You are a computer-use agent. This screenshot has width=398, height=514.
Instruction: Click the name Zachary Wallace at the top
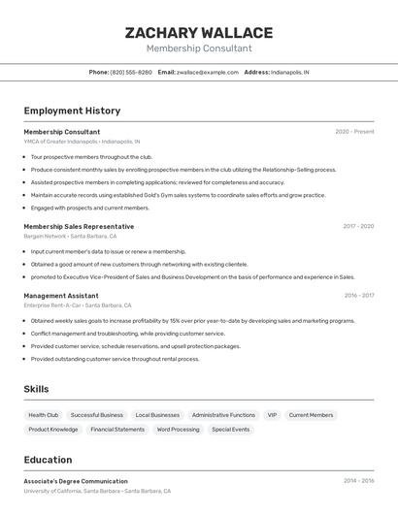pyautogui.click(x=199, y=33)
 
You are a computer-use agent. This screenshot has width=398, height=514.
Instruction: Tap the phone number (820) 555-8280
pyautogui.click(x=131, y=72)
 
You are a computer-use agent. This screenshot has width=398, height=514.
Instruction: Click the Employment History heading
pyautogui.click(x=72, y=112)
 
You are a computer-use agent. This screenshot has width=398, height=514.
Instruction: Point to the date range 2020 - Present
pyautogui.click(x=354, y=132)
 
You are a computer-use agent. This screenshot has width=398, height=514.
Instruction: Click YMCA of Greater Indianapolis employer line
pyautogui.click(x=82, y=142)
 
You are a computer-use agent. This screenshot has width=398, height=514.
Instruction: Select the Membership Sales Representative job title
pyautogui.click(x=79, y=226)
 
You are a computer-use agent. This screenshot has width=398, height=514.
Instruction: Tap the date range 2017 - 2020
pyautogui.click(x=358, y=226)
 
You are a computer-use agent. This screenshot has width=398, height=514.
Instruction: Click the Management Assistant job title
pyautogui.click(x=61, y=295)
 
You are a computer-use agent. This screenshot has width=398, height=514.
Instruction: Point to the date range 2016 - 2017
pyautogui.click(x=359, y=295)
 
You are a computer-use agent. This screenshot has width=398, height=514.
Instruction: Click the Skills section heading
pyautogui.click(x=37, y=389)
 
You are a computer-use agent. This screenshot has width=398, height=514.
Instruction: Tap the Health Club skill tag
pyautogui.click(x=44, y=415)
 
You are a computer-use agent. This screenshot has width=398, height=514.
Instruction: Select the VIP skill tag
pyautogui.click(x=272, y=415)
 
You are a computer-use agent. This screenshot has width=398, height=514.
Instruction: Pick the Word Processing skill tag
pyautogui.click(x=178, y=429)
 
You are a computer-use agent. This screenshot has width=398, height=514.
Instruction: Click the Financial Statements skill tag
pyautogui.click(x=117, y=429)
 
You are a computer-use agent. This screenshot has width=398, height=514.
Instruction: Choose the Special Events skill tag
pyautogui.click(x=230, y=429)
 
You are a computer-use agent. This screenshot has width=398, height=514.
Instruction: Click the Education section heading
pyautogui.click(x=48, y=460)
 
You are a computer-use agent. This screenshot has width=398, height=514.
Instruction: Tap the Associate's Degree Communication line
pyautogui.click(x=76, y=481)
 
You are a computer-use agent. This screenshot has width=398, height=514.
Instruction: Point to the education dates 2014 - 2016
pyautogui.click(x=358, y=481)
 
